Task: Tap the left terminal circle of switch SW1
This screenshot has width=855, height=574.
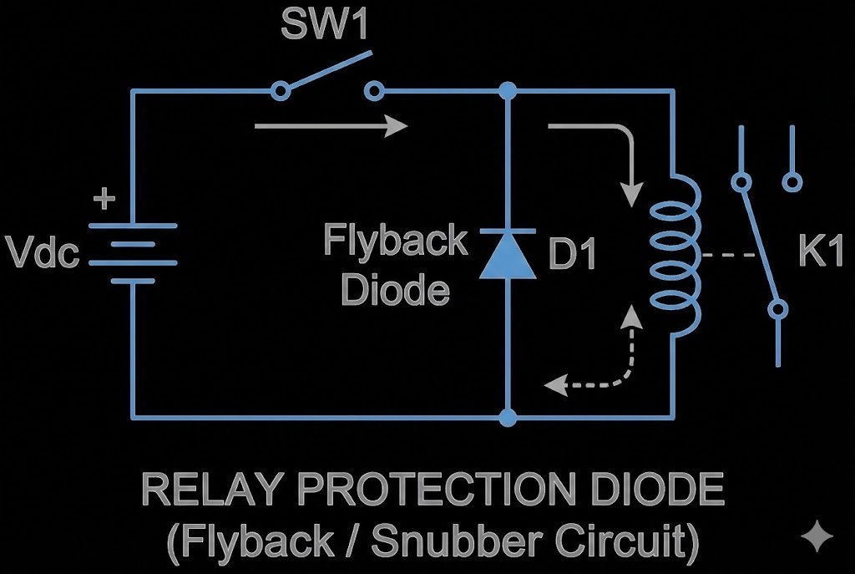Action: [x=281, y=89]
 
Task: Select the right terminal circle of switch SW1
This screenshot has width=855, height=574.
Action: [x=377, y=89]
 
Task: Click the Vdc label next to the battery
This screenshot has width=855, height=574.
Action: [x=42, y=252]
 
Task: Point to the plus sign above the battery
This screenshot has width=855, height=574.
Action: [x=104, y=199]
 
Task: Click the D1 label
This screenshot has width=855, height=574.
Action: [x=572, y=256]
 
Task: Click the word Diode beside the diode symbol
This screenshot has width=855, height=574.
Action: [x=396, y=289]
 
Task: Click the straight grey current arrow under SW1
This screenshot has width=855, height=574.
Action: [x=331, y=126]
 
